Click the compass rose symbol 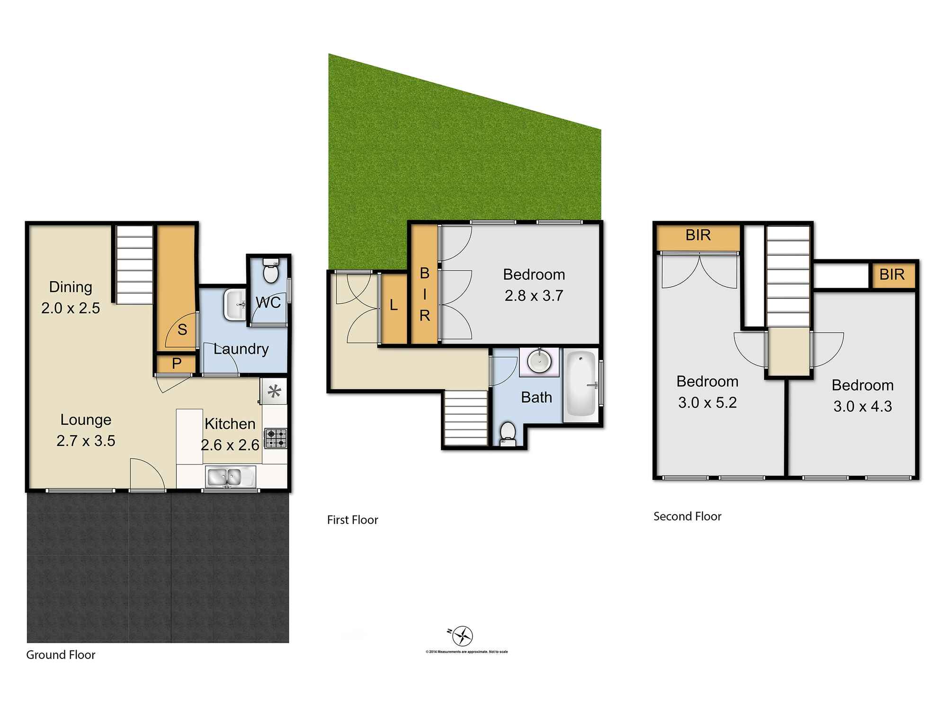(x=462, y=636)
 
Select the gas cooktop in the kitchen (x=276, y=438)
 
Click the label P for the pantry (x=177, y=364)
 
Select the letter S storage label (x=182, y=330)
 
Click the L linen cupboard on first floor (x=393, y=306)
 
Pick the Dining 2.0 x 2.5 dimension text (x=71, y=308)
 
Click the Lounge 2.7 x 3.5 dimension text (x=86, y=441)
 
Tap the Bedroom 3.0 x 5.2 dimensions (x=707, y=402)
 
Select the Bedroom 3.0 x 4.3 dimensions (x=863, y=406)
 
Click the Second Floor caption (x=687, y=516)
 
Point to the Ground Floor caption (x=61, y=655)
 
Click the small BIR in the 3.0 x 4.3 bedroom (x=892, y=275)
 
